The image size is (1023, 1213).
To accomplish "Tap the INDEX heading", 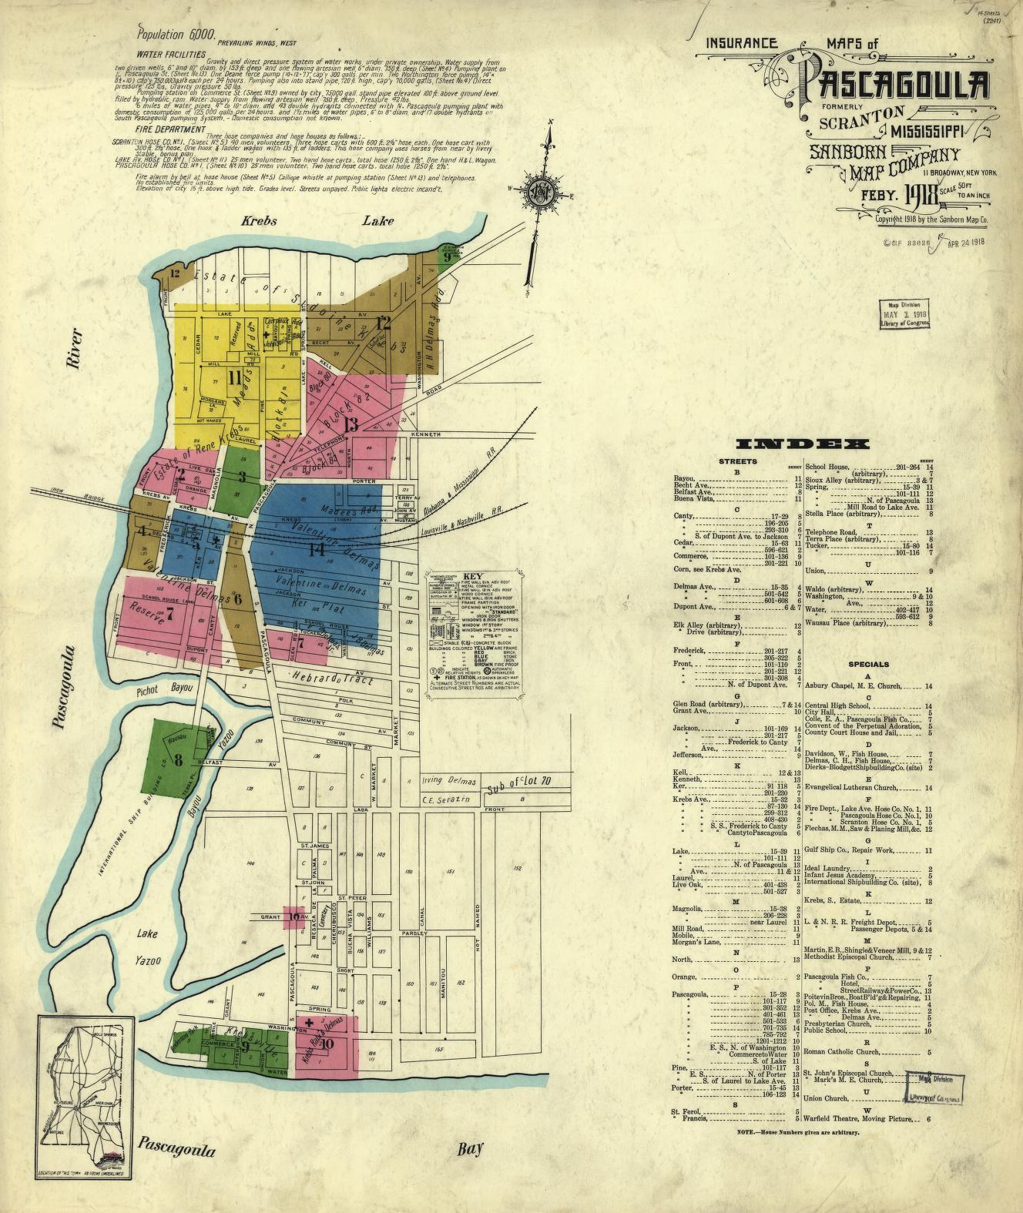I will (803, 444).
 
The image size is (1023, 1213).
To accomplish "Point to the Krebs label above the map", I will (259, 221).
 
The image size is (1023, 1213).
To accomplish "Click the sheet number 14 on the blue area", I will (316, 548).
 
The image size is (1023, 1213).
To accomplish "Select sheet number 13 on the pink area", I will (351, 424).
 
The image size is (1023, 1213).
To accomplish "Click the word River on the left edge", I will (74, 353).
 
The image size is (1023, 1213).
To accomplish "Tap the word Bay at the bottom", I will (469, 1149).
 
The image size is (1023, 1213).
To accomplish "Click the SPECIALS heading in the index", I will (868, 664).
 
